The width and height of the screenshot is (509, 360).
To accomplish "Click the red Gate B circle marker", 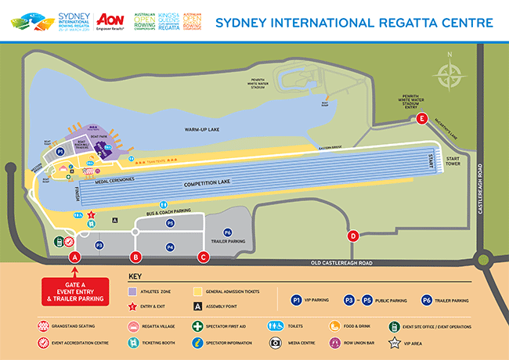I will click(x=135, y=257).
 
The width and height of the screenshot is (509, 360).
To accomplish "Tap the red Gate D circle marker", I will click(x=353, y=236).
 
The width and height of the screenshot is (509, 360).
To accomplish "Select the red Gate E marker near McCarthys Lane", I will click(x=422, y=119).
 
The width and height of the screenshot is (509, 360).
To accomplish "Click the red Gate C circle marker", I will click(x=204, y=257).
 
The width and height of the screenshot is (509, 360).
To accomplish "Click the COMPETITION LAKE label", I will click(x=211, y=185).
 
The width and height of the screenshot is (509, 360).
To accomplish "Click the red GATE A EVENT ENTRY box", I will click(x=75, y=290).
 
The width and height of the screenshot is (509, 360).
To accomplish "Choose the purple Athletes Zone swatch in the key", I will click(x=133, y=290).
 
